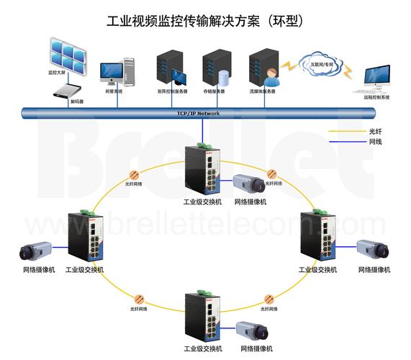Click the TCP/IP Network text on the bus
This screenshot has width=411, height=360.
198,114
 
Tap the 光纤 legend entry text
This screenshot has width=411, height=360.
374,132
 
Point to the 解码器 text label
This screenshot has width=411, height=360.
76,102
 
